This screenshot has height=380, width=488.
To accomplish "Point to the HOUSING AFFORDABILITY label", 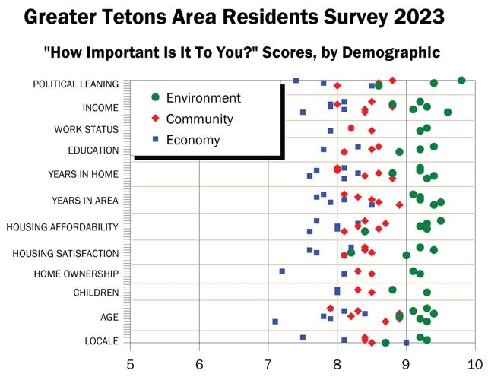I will tap(62, 226).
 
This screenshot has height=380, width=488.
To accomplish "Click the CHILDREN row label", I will tap(96, 293).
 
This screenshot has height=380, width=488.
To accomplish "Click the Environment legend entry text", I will tap(203, 98).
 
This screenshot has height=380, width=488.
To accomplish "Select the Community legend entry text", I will tap(199, 119).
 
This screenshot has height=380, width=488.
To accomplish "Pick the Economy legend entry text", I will tap(193, 140).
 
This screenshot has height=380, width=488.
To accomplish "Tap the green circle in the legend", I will tap(155, 98).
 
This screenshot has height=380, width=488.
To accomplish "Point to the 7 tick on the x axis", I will tap(268, 365).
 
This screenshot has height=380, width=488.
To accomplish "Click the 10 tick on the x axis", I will tap(475, 365).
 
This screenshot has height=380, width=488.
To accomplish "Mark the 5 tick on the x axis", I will tap(131, 365).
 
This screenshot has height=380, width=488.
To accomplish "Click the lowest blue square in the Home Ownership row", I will tap(282, 271).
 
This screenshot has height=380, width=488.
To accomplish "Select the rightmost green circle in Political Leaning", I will tap(461, 80).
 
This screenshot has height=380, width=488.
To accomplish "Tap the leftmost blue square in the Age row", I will tap(275, 321).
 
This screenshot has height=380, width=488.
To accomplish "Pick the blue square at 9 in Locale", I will tap(407, 343).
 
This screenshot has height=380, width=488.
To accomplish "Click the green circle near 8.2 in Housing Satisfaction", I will tap(351, 252).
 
